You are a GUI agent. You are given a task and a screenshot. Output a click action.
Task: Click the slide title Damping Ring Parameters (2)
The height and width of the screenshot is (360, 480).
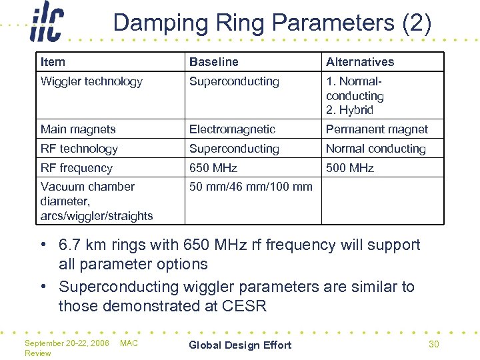(x=272, y=23)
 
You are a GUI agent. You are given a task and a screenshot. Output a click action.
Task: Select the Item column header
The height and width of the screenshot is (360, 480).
(x=53, y=62)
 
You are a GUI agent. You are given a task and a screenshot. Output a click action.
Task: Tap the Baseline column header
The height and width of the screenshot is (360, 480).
(x=213, y=62)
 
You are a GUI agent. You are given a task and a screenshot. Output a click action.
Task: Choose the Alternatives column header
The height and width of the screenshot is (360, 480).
(x=360, y=62)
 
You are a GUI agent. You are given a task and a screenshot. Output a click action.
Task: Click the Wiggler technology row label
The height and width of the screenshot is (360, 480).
(x=91, y=81)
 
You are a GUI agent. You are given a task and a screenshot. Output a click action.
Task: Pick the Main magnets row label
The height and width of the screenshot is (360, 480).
(x=78, y=129)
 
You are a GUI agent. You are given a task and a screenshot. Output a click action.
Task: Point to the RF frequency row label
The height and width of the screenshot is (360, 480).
(x=77, y=168)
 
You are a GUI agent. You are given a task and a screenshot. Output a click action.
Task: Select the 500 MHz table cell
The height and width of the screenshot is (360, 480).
(x=350, y=168)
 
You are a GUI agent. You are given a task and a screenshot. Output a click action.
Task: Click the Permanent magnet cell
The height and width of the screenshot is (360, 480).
(x=377, y=129)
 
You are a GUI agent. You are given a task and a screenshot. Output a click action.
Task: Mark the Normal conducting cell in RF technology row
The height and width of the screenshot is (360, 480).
(x=375, y=149)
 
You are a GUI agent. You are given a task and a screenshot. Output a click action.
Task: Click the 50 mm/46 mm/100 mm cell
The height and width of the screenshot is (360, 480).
(x=251, y=187)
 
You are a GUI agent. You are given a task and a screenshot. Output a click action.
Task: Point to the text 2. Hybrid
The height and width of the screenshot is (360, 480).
(x=349, y=110)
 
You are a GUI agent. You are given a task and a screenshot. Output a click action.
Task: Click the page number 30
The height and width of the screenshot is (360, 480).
(x=433, y=344)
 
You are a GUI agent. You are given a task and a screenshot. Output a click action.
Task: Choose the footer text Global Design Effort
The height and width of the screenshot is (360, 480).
(x=240, y=345)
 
